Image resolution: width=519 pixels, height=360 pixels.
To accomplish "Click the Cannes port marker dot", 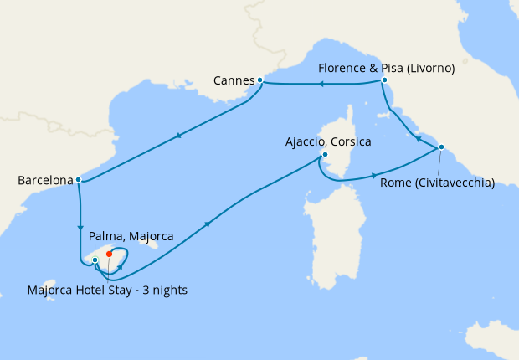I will (260, 80).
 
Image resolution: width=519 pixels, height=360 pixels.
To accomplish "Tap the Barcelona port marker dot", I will (78, 179).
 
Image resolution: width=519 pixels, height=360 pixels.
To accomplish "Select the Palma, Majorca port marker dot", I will (95, 260).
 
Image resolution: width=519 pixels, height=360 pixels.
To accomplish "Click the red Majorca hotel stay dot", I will (110, 255).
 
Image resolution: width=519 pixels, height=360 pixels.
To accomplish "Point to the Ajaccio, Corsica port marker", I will (325, 155).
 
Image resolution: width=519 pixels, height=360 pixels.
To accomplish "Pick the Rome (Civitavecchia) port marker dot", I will (440, 148).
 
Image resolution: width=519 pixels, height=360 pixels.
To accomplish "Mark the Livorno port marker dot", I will (383, 80).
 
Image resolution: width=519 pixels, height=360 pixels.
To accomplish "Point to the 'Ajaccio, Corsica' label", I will (328, 141).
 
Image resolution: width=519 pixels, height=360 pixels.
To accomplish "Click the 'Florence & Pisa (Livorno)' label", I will (387, 69).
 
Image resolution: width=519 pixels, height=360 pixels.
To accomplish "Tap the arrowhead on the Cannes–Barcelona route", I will (178, 136).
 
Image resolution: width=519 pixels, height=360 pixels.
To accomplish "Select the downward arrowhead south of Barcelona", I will (80, 226).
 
